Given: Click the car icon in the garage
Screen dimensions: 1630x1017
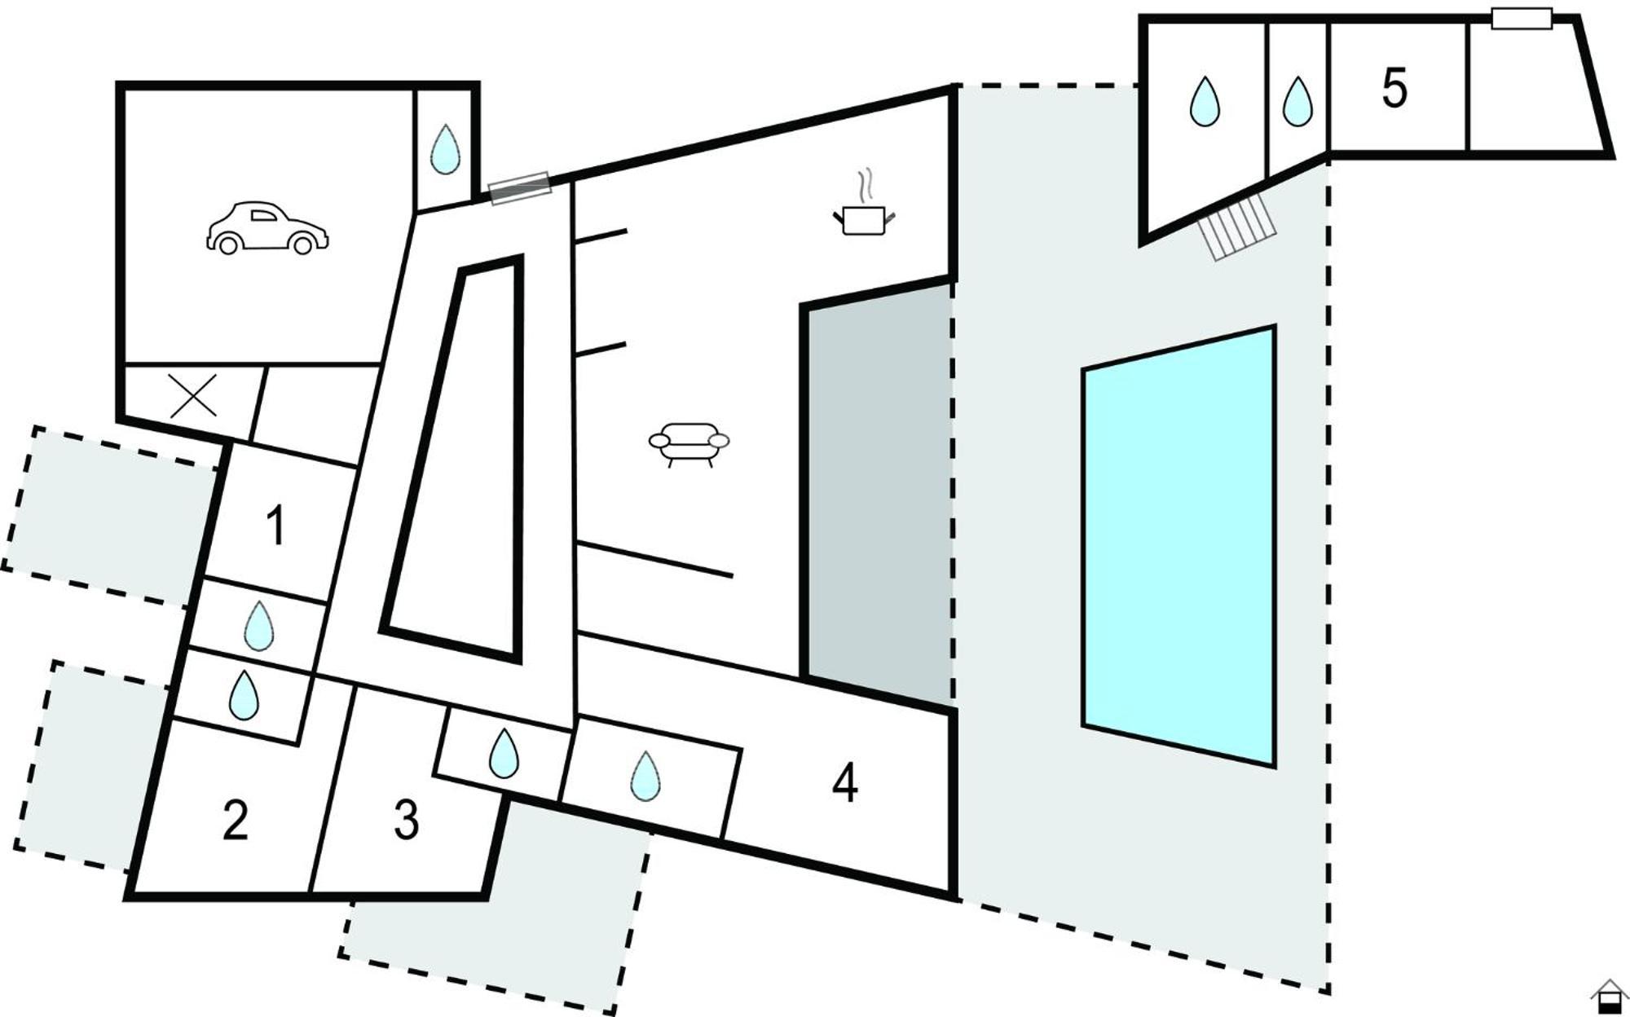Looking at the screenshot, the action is pyautogui.click(x=267, y=228).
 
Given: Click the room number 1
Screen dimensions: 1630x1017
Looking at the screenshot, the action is pyautogui.click(x=276, y=526).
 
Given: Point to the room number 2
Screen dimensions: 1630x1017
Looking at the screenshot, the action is pyautogui.click(x=236, y=821).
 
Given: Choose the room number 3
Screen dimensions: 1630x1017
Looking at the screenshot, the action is pyautogui.click(x=406, y=820).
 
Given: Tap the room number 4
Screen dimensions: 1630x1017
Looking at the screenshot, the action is pyautogui.click(x=845, y=783).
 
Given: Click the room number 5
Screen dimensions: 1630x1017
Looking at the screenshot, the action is pyautogui.click(x=1394, y=88).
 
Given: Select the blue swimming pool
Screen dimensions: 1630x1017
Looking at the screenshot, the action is pyautogui.click(x=1178, y=546).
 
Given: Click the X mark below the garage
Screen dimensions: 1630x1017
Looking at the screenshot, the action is pyautogui.click(x=193, y=395).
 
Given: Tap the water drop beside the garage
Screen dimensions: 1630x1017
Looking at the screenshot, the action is pyautogui.click(x=444, y=149).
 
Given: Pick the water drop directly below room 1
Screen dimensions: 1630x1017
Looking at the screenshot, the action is pyautogui.click(x=259, y=627).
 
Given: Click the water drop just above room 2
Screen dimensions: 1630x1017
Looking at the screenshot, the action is pyautogui.click(x=243, y=695).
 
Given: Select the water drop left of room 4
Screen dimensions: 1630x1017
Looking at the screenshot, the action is pyautogui.click(x=645, y=776).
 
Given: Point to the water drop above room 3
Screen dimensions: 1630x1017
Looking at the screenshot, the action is pyautogui.click(x=504, y=753).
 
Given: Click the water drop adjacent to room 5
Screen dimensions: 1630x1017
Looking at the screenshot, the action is pyautogui.click(x=1297, y=102).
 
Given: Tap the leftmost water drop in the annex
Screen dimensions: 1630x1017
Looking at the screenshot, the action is pyautogui.click(x=1205, y=102).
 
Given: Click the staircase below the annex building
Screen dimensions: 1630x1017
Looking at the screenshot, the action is pyautogui.click(x=1236, y=227).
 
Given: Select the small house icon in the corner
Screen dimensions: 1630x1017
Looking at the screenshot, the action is pyautogui.click(x=1608, y=996).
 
